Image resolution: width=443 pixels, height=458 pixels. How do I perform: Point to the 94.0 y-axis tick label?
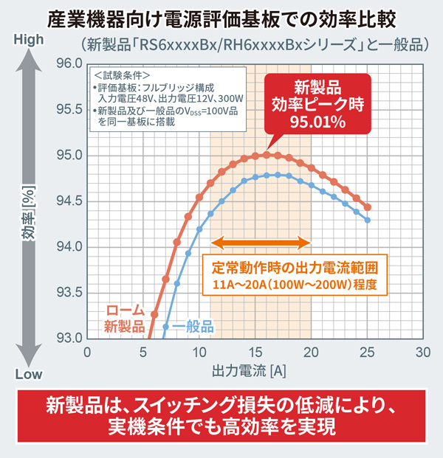click(x=68, y=246)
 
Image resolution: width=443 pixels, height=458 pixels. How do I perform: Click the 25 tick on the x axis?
click(x=367, y=353)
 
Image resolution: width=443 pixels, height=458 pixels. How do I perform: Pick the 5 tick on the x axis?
click(x=142, y=353)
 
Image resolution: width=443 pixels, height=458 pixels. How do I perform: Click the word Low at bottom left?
click(x=29, y=374)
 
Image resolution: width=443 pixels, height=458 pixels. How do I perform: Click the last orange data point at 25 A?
click(x=367, y=207)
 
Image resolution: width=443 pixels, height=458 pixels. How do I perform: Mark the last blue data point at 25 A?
click(x=367, y=220)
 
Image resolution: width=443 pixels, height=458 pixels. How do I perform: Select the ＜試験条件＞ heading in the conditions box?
click(x=123, y=75)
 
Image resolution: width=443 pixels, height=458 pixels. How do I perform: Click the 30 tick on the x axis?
click(x=422, y=353)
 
